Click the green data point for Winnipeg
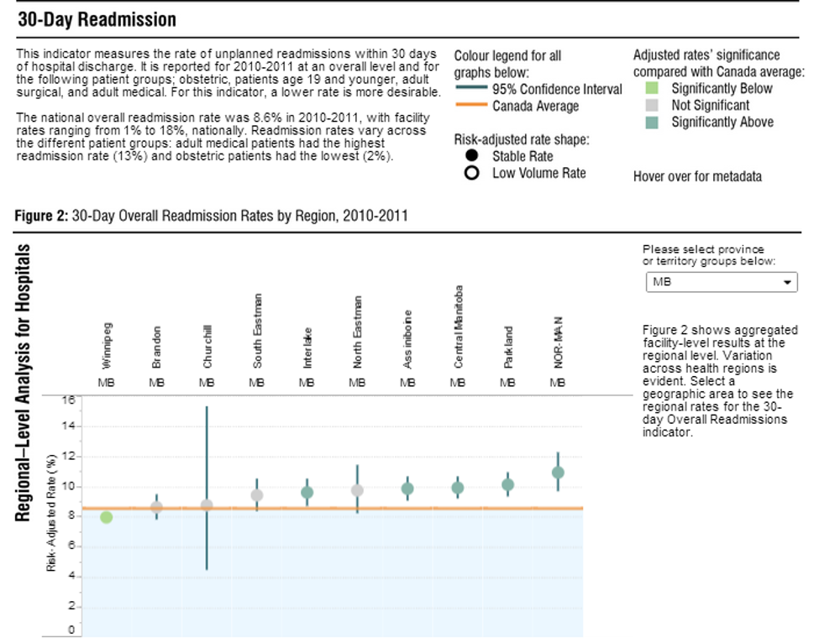coord(107,517)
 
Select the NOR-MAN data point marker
coord(558,473)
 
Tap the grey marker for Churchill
coord(207,505)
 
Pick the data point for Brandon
coord(156,507)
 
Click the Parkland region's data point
coord(507,484)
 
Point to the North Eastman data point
coord(357,490)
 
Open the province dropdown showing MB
coord(721,283)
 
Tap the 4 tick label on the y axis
coord(72,577)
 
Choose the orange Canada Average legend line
coord(470,106)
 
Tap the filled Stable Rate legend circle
coord(472,156)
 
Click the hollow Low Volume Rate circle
coord(472,173)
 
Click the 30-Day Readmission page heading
coord(97,19)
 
